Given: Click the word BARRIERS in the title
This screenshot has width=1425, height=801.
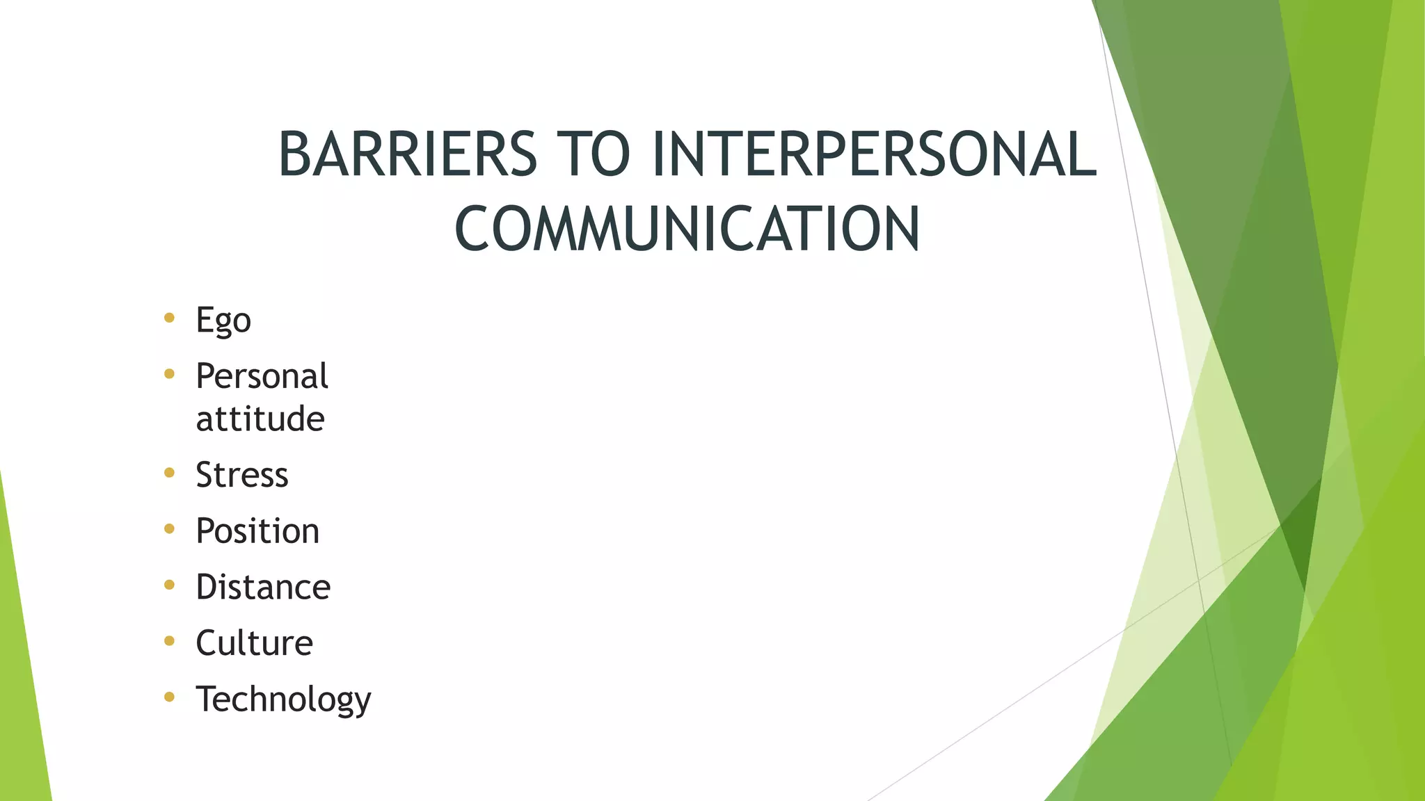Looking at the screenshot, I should coord(408,154).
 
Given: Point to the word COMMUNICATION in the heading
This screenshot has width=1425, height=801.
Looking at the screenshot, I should coord(687,229).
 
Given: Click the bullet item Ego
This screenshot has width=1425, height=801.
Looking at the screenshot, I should coord(223,321).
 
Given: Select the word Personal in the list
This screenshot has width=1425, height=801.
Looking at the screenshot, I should coord(262,376).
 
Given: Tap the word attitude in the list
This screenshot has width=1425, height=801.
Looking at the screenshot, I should coord(260,419).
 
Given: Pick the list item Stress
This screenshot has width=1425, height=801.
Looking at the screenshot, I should coord(241,475).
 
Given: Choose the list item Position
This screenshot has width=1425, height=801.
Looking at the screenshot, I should coord(257,531).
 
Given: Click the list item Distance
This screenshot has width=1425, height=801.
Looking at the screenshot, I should coord(263,587).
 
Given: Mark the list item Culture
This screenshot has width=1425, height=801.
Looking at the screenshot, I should coord(254,643).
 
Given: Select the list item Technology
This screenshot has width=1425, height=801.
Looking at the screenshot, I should coord(283,699).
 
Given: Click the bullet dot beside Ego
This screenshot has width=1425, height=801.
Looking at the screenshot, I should coord(169,318).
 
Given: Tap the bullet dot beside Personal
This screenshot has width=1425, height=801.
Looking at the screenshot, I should coord(169,375).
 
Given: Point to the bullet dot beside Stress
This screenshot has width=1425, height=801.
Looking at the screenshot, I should coord(169,474).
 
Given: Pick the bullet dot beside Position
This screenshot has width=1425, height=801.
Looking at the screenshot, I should coord(169,529).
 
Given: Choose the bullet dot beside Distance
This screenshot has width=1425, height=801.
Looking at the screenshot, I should coord(169,585).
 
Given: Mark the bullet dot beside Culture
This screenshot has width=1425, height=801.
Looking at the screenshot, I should coord(169,641).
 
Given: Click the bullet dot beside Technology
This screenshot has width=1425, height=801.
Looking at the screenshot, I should coord(169,697).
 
